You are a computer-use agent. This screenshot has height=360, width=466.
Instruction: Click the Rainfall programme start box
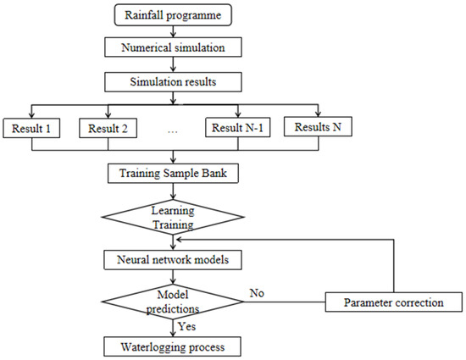pyautogui.click(x=174, y=14)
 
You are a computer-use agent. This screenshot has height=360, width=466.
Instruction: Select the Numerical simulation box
pyautogui.click(x=174, y=47)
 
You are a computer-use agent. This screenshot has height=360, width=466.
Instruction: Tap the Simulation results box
pyautogui.click(x=174, y=80)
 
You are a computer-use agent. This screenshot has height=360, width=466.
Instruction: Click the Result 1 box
pyautogui.click(x=32, y=129)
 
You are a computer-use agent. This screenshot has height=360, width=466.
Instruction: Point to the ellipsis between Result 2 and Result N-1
pyautogui.click(x=173, y=131)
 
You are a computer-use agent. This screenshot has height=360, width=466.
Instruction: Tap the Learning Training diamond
pyautogui.click(x=174, y=218)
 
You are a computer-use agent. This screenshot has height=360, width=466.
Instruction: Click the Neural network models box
pyautogui.click(x=174, y=258)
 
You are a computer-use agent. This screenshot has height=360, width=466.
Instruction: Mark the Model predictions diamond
pyautogui.click(x=174, y=300)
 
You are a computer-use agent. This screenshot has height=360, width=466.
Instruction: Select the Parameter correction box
pyautogui.click(x=394, y=302)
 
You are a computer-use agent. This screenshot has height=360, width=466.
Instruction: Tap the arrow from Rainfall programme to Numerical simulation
pyautogui.click(x=174, y=31)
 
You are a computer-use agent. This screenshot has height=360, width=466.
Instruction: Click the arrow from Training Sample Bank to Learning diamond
pyautogui.click(x=174, y=192)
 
